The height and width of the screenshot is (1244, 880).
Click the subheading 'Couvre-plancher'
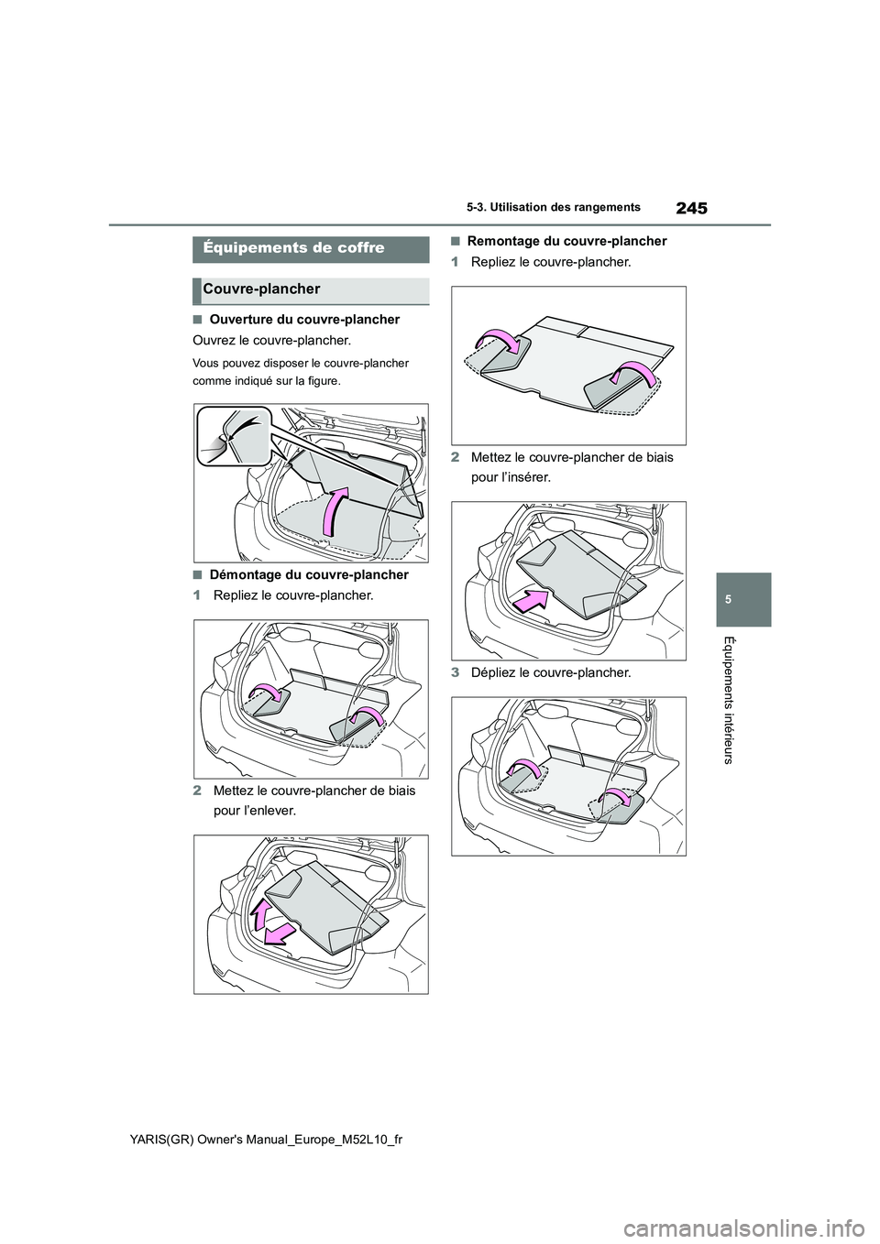click(x=261, y=289)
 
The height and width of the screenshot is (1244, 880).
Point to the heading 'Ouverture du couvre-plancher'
click(x=304, y=320)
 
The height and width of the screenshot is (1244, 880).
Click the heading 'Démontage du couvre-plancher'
click(x=309, y=575)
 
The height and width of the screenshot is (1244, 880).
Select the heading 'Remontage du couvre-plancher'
click(x=566, y=242)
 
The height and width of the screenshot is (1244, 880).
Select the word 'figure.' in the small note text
click(x=320, y=380)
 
